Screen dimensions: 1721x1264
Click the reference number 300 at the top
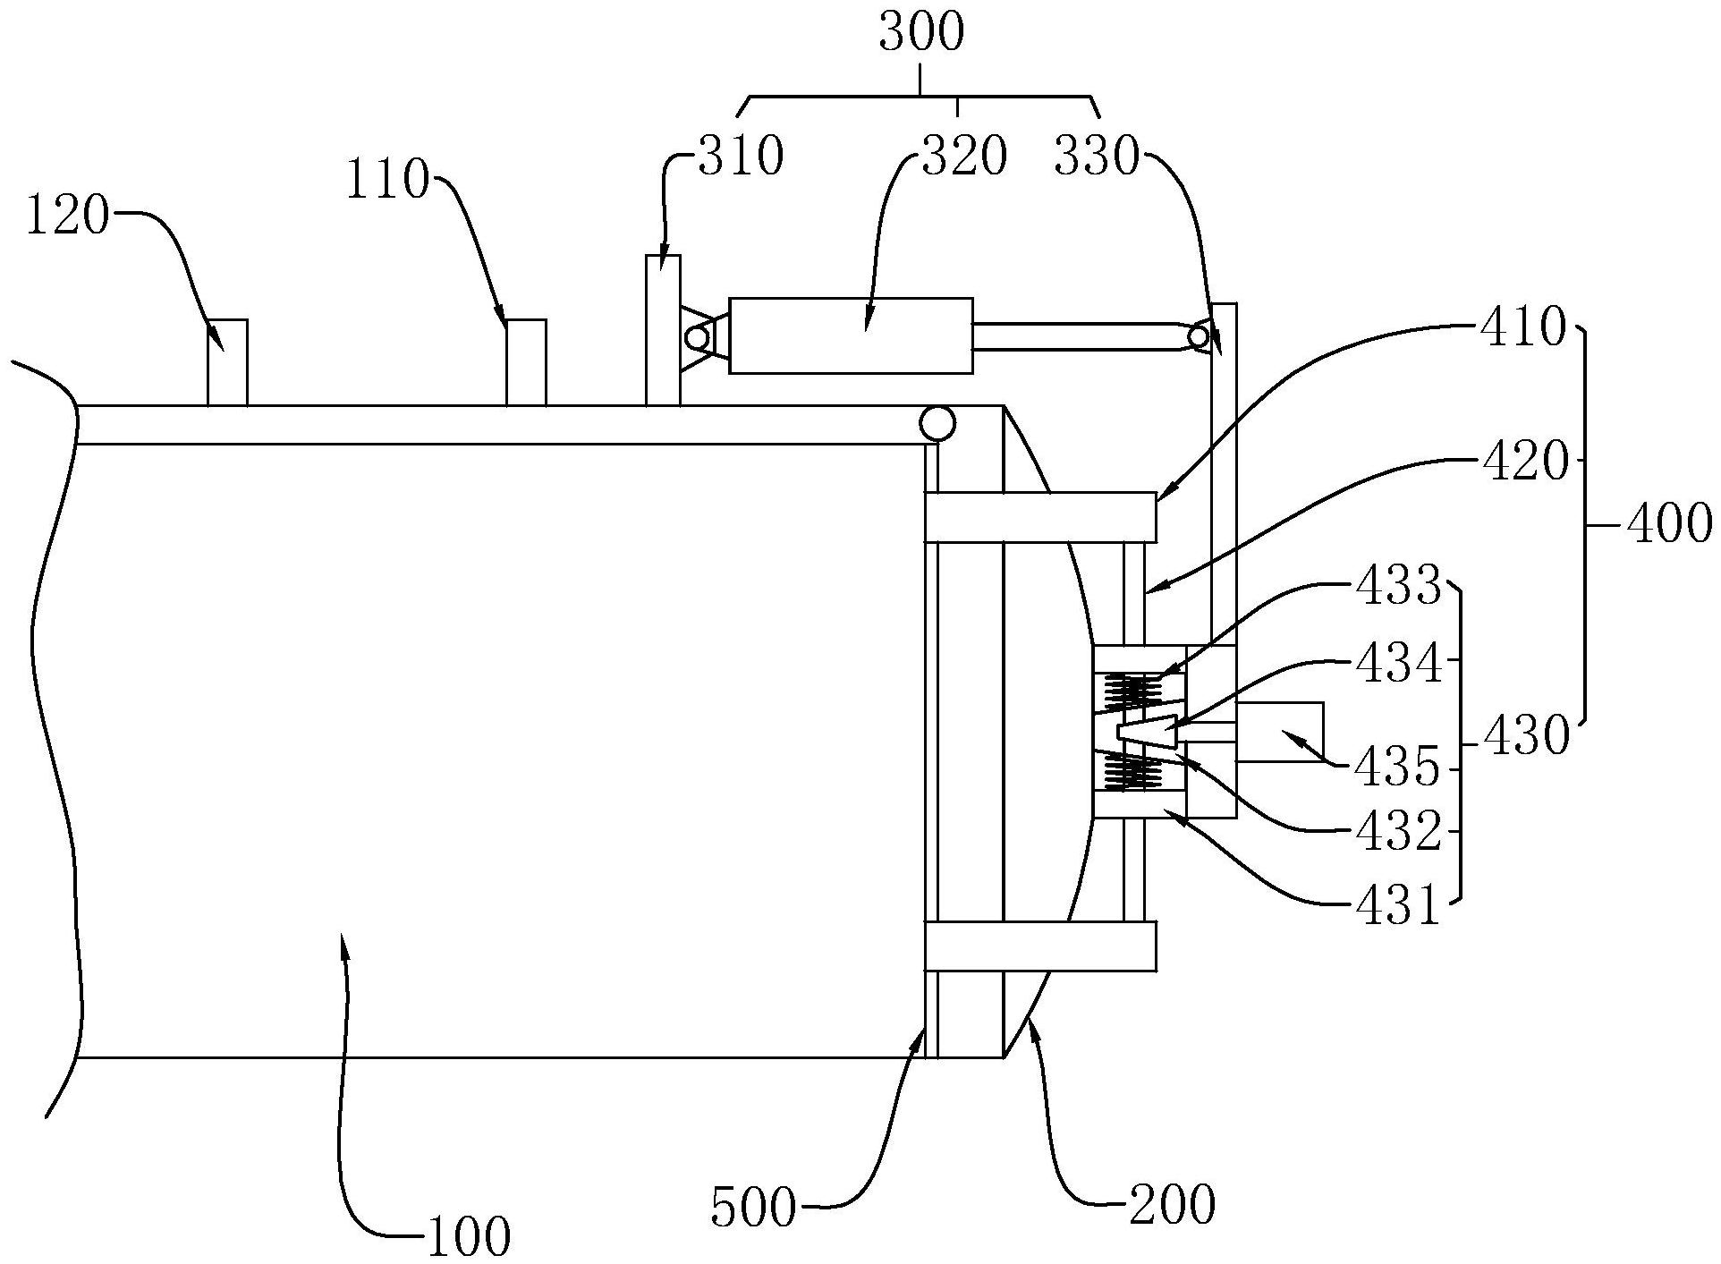921,34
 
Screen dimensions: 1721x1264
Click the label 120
69,217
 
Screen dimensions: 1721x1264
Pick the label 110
388,182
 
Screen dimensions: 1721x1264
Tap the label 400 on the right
1669,525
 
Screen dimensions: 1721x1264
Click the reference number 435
1398,768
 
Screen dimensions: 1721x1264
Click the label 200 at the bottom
1172,1204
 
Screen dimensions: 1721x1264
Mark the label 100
468,1237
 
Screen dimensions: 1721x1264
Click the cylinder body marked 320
851,335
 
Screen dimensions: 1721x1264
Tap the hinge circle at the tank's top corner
937,423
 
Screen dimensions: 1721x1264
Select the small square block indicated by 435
1279,732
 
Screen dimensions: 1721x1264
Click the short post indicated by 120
227,362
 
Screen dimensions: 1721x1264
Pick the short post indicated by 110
526,362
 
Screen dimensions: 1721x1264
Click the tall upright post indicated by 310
663,330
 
